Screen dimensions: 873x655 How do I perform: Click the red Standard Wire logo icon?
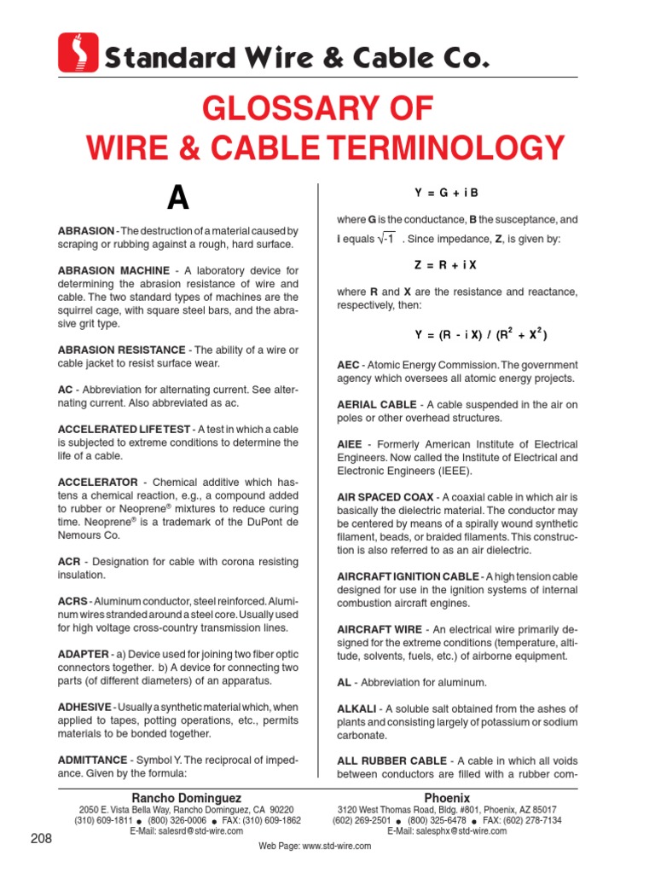(78, 53)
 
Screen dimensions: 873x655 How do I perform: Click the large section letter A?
(177, 199)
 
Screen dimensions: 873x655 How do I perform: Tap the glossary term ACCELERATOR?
(97, 482)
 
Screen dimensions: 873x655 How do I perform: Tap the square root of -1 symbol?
(385, 240)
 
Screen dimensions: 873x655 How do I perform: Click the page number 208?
(41, 839)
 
